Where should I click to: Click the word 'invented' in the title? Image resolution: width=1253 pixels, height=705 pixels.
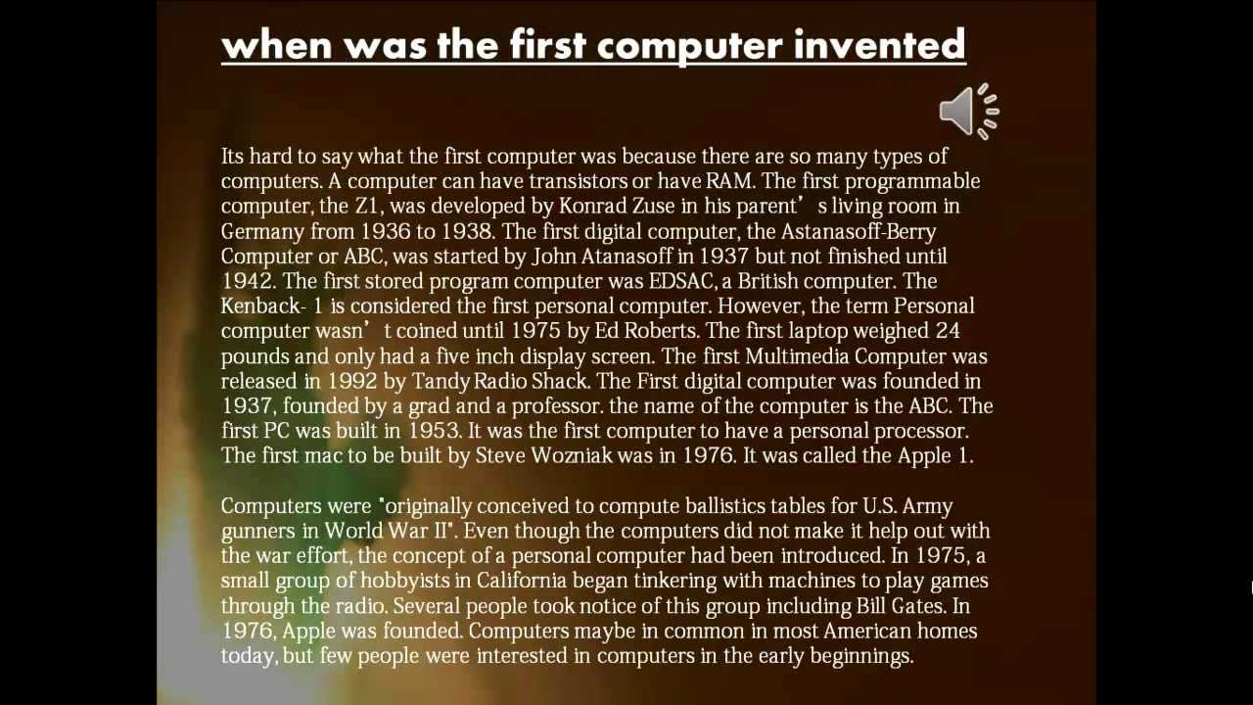tap(879, 45)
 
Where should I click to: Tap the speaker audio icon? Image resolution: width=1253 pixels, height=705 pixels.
tap(969, 112)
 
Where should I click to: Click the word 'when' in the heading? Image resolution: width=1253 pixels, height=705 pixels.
tap(277, 45)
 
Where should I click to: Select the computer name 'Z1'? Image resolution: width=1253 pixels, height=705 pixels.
tap(367, 206)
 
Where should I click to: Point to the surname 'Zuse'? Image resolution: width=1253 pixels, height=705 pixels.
tap(653, 206)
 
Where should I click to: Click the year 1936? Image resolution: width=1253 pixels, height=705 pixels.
tap(386, 231)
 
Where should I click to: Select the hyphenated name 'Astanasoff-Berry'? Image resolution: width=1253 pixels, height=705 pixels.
tap(859, 231)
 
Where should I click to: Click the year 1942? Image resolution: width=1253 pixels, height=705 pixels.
tap(249, 281)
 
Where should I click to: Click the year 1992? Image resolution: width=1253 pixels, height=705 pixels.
tap(351, 381)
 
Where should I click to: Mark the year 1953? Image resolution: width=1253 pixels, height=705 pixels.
tap(435, 431)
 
